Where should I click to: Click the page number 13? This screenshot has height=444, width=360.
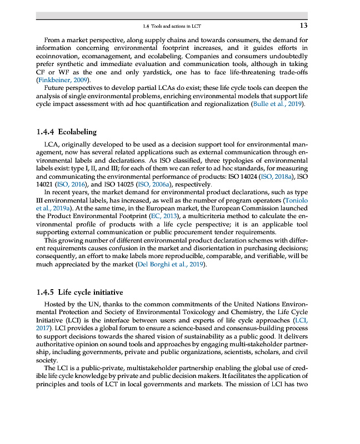pyautogui.click(x=303, y=26)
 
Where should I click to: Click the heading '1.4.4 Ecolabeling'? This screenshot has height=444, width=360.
pyautogui.click(x=66, y=132)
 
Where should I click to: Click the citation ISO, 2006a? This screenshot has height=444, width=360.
pyautogui.click(x=153, y=184)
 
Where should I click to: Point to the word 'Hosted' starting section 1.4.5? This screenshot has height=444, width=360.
pyautogui.click(x=55, y=305)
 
